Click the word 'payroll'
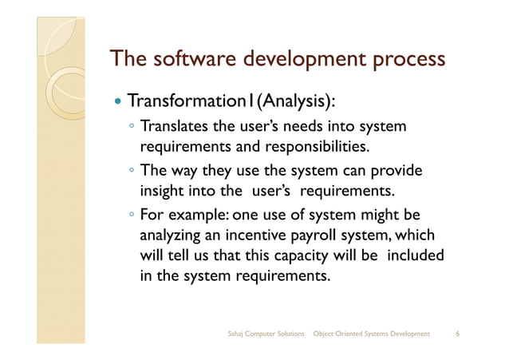(318, 236)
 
